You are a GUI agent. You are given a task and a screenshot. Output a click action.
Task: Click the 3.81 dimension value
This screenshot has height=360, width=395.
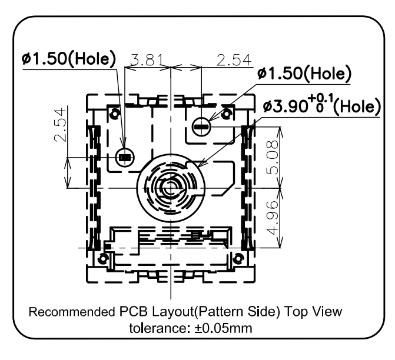(x=147, y=60)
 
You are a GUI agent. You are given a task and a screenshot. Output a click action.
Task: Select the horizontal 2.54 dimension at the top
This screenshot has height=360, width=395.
(x=234, y=60)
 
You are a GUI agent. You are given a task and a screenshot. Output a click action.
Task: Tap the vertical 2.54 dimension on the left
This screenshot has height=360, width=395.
(x=61, y=125)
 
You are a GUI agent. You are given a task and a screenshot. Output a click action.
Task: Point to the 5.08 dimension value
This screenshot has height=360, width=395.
(x=273, y=158)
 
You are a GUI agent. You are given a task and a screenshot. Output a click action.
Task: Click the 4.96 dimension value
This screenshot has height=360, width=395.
(x=273, y=218)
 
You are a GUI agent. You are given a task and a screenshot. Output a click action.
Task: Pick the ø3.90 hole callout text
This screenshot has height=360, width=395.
(x=321, y=105)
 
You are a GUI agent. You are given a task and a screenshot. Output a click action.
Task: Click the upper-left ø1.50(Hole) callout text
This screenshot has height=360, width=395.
(x=68, y=59)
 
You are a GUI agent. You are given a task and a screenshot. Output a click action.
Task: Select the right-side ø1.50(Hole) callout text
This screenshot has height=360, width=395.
(x=304, y=74)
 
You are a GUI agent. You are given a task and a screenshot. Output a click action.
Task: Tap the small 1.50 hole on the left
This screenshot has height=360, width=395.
(x=125, y=158)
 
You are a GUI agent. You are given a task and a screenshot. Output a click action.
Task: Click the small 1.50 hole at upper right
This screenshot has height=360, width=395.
(x=201, y=126)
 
